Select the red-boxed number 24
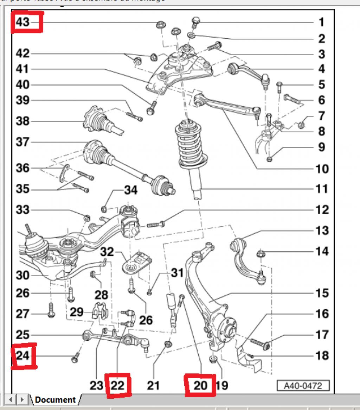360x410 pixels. coord(23,357)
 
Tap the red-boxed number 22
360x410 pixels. coord(118,385)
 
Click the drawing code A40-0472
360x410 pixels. coord(303,385)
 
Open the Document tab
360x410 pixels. coord(55,400)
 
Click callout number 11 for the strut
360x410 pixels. coord(321,189)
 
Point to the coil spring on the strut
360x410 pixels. coord(190,144)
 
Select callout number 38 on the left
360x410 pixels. coord(23,121)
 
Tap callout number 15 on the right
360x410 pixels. coord(321,293)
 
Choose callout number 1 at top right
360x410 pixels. coord(321,22)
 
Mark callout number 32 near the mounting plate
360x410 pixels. coord(107,252)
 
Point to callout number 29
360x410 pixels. coord(76,312)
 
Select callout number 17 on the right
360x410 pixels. coord(321,334)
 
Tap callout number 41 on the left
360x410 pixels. coord(23,69)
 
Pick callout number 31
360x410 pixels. coord(177,272)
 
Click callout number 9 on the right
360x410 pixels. coord(321,147)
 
